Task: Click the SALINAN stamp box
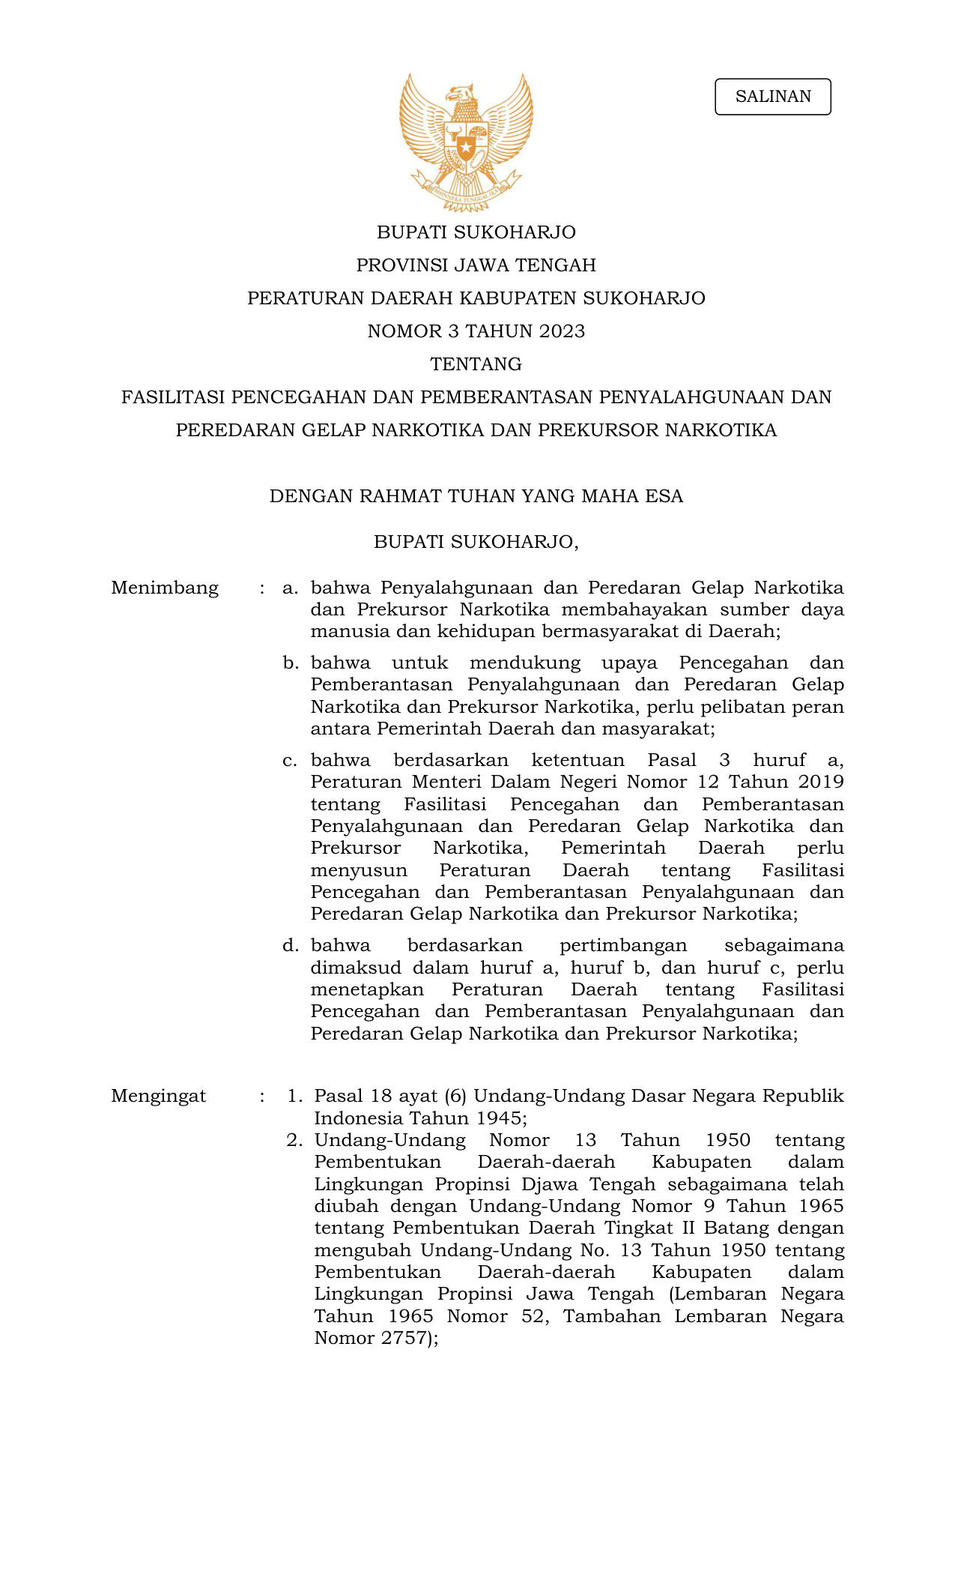click(x=772, y=97)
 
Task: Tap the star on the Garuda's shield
click(x=466, y=147)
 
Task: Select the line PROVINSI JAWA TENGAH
click(x=476, y=265)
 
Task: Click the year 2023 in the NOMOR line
click(x=562, y=331)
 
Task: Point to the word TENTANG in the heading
click(x=476, y=364)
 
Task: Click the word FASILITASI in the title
click(x=173, y=397)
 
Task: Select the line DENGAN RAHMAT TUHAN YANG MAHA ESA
click(x=476, y=496)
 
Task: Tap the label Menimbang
click(x=165, y=588)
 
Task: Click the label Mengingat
click(x=158, y=1096)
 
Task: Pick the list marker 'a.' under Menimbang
click(x=290, y=588)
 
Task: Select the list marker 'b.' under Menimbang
click(x=290, y=663)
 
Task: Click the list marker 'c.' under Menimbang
click(x=290, y=760)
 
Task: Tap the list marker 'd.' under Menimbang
click(x=290, y=946)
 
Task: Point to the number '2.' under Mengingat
click(x=294, y=1140)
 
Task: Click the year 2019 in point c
click(x=820, y=782)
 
